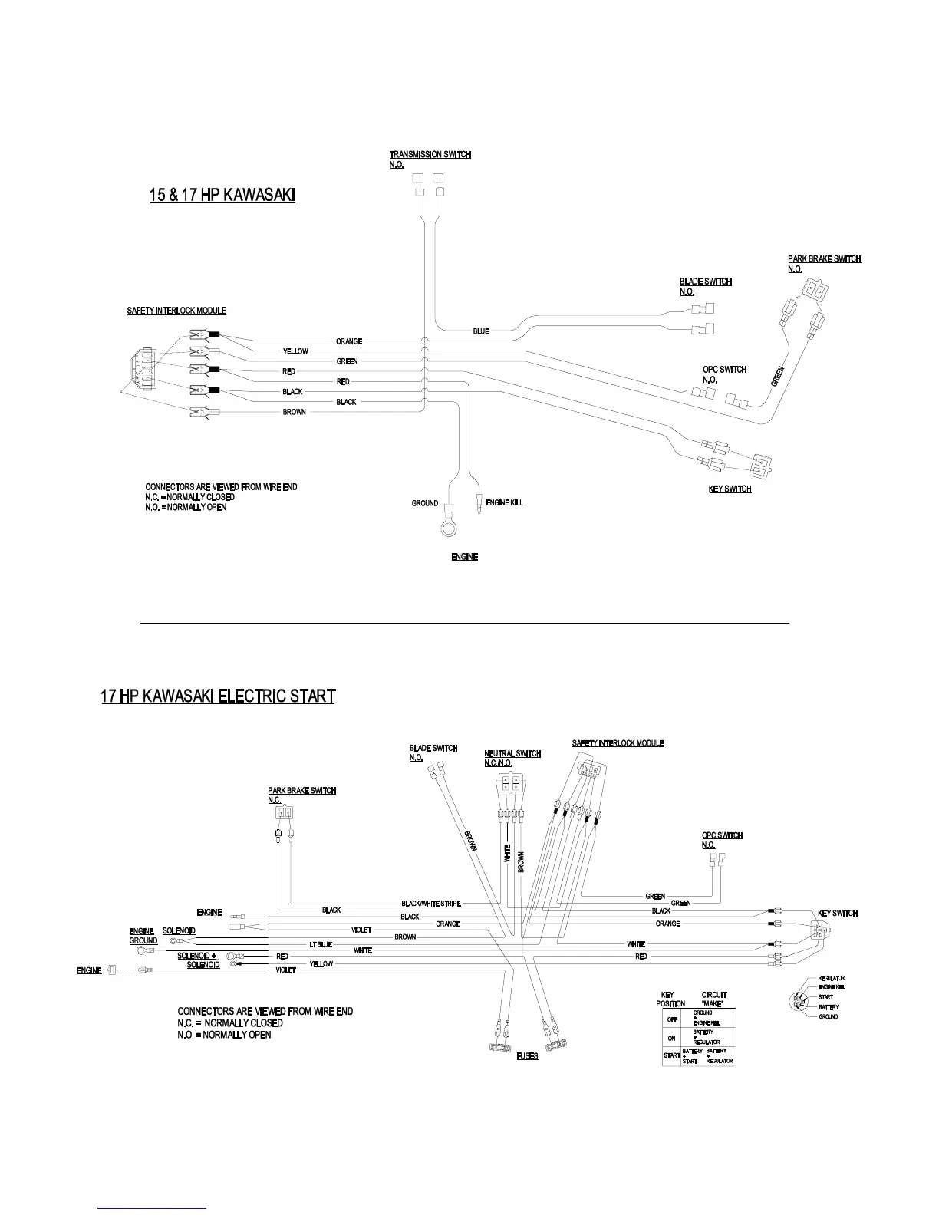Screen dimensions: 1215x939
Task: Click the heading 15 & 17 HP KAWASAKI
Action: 222,196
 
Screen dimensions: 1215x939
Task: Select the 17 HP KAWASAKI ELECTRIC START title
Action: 218,696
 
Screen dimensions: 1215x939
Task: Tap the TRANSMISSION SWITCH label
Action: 430,155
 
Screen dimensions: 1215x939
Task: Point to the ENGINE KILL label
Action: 504,503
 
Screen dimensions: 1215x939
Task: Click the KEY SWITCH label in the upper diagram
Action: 730,489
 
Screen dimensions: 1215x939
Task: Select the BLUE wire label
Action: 481,331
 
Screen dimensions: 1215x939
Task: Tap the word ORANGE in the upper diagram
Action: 349,341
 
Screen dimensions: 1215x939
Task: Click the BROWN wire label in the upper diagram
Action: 294,412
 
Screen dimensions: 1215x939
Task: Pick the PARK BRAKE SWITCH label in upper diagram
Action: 824,259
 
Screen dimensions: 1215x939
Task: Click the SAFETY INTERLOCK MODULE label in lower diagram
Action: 618,743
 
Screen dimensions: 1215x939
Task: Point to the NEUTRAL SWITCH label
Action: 512,754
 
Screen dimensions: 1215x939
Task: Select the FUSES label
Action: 527,1056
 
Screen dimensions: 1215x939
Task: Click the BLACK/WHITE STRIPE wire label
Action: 431,904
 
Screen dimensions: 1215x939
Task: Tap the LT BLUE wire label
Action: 321,944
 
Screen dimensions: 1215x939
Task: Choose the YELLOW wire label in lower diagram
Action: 321,963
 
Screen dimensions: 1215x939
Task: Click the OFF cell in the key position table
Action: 672,1019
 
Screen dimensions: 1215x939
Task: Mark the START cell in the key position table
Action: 672,1056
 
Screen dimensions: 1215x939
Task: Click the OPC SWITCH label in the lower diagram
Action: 722,836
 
